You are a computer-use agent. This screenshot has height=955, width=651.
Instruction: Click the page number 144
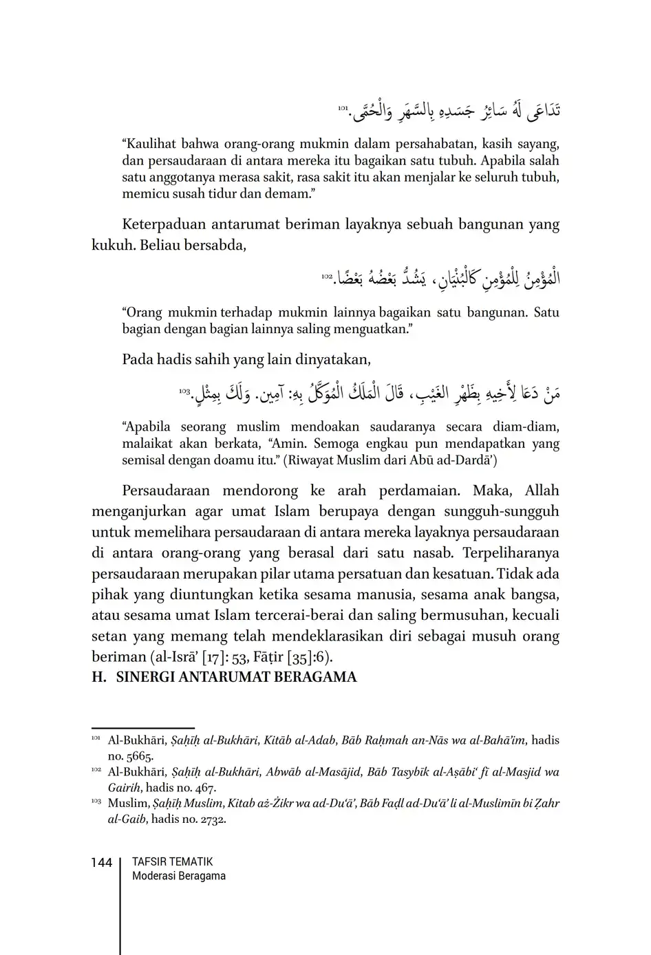(101, 863)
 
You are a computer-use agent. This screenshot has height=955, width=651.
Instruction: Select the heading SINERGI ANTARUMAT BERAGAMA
(236, 677)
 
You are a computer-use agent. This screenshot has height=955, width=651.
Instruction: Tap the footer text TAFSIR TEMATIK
(172, 861)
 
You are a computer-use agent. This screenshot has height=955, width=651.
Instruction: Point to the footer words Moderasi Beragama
(178, 876)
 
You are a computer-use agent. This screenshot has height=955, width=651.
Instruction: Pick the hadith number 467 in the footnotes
(204, 788)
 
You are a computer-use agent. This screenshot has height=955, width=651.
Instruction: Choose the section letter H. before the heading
(99, 677)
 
